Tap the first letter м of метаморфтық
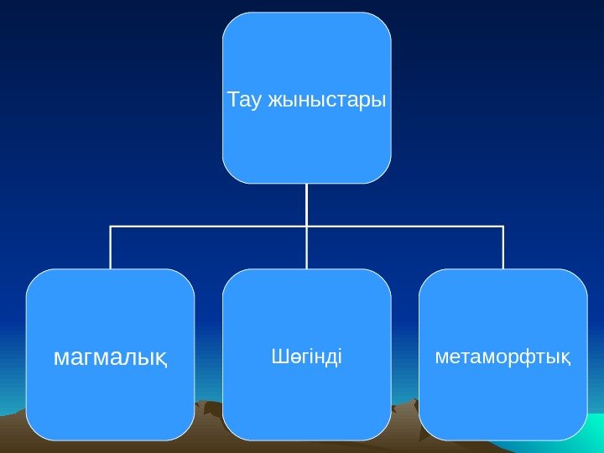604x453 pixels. point(441,358)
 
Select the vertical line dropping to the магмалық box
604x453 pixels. point(110,247)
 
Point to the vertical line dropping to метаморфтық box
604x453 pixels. point(503,247)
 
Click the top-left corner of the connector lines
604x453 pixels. point(110,226)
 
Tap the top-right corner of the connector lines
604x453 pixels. point(503,226)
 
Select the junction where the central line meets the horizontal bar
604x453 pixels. point(307,226)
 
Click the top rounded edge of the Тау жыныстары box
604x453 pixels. point(306,13)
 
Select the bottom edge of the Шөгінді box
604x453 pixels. point(306,439)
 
